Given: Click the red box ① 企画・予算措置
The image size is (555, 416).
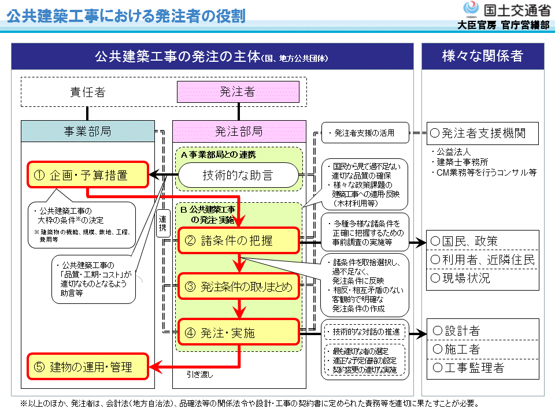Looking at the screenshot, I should tap(87, 175).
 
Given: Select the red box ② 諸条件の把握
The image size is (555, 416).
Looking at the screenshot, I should tap(238, 240).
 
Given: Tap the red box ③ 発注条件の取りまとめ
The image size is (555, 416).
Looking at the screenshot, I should tap(238, 287).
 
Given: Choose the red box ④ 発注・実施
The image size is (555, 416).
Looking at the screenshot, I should tap(238, 333).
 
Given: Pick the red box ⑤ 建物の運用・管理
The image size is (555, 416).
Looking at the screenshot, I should tap(88, 366).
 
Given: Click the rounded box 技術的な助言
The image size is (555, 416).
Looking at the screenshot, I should tap(238, 175).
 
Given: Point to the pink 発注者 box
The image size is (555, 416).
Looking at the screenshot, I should tap(238, 92).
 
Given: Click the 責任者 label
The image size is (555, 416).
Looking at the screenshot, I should tap(88, 92).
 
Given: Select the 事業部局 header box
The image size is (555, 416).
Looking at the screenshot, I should tap(88, 131).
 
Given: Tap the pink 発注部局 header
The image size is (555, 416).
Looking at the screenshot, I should tap(239, 131).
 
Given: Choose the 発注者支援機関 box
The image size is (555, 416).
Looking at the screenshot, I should tap(483, 133).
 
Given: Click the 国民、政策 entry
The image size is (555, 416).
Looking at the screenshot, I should tap(483, 241).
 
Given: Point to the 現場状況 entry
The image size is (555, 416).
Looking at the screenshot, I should tap(483, 278).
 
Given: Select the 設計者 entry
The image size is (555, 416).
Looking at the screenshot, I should tap(483, 331).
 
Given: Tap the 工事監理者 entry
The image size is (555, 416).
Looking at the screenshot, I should tap(483, 367).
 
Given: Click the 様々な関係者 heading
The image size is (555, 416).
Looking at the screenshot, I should tap(482, 56).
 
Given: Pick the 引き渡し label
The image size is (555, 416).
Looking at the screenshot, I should tap(199, 374).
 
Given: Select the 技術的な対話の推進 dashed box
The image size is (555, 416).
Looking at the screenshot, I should tap(365, 332).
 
